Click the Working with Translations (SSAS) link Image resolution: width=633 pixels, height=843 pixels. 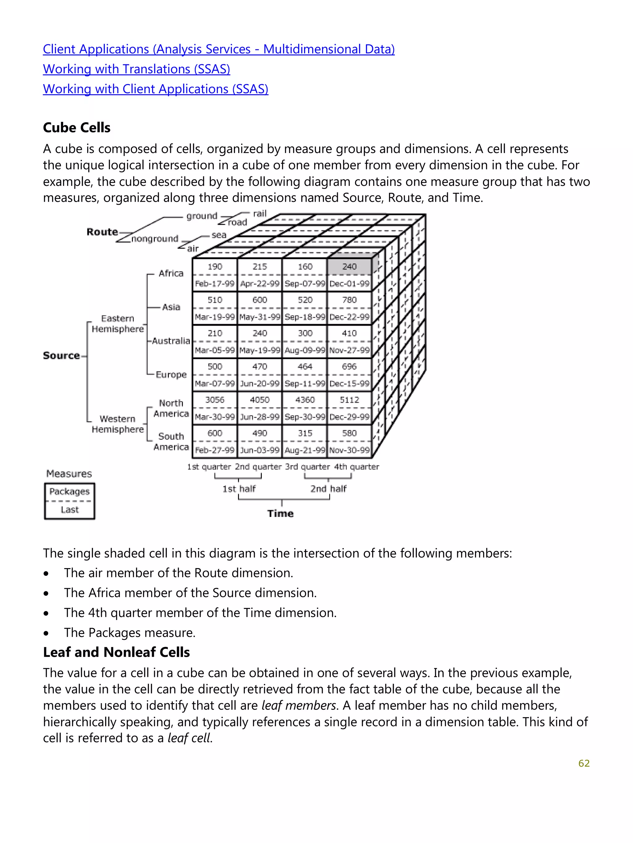(136, 69)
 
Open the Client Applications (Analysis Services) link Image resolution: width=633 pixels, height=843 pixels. (219, 49)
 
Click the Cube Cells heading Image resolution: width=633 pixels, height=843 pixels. (77, 128)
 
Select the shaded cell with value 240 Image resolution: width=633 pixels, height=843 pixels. (349, 266)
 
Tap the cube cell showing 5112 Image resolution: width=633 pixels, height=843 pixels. (349, 400)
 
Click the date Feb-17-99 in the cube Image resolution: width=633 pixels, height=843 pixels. (215, 284)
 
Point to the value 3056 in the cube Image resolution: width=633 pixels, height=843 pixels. (215, 400)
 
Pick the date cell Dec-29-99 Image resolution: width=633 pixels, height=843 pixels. (349, 417)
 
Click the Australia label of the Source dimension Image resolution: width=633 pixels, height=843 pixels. (171, 341)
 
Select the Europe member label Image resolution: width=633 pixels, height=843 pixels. (171, 374)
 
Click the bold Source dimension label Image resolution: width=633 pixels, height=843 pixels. (61, 356)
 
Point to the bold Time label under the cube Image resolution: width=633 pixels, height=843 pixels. (280, 514)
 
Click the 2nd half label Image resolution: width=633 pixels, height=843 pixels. (328, 489)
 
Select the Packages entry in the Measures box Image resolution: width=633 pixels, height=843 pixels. (69, 492)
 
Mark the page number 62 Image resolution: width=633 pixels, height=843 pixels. (584, 763)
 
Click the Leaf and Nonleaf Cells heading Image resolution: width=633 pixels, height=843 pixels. (116, 652)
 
